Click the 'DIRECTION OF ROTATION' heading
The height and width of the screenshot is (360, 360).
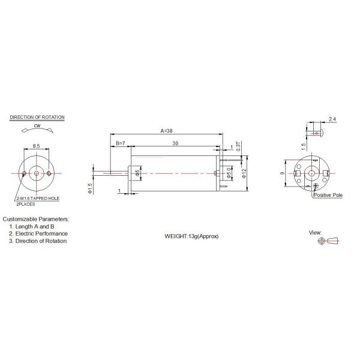click(37, 118)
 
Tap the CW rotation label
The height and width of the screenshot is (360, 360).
click(37, 125)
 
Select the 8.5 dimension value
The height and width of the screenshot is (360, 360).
click(36, 145)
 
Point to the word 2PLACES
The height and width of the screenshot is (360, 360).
click(26, 204)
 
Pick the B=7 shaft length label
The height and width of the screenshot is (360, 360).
click(120, 143)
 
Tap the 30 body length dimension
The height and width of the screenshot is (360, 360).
click(175, 143)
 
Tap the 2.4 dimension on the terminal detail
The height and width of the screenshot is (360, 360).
click(332, 119)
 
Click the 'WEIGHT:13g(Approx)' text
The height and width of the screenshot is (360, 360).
click(192, 236)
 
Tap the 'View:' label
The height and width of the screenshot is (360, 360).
click(315, 232)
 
